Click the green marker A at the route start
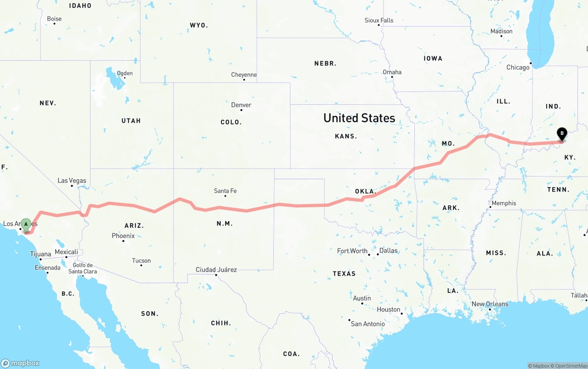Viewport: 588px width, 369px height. coord(26,225)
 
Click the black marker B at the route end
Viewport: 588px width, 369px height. coord(561,134)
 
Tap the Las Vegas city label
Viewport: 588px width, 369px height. coord(72,181)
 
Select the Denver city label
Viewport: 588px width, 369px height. coord(241,105)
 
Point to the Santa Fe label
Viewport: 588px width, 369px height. coord(225,191)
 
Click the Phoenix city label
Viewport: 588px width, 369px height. coord(123,236)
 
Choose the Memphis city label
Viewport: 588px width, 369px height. coord(503,203)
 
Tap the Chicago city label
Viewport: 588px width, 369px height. coord(518,67)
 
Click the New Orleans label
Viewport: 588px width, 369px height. coord(490,304)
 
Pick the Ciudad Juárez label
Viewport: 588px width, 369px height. coord(216,270)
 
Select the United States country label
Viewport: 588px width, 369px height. coord(359,118)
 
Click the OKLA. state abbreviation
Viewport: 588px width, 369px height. coord(365,191)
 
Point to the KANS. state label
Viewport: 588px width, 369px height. coord(346,136)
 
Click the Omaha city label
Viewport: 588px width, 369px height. coord(392,72)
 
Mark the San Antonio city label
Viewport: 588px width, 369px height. coord(367,324)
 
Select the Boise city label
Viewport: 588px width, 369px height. coord(54,19)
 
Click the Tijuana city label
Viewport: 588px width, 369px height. coord(40,254)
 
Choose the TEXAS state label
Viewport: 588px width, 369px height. coord(344,273)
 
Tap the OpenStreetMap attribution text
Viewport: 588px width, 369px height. coord(569,366)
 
